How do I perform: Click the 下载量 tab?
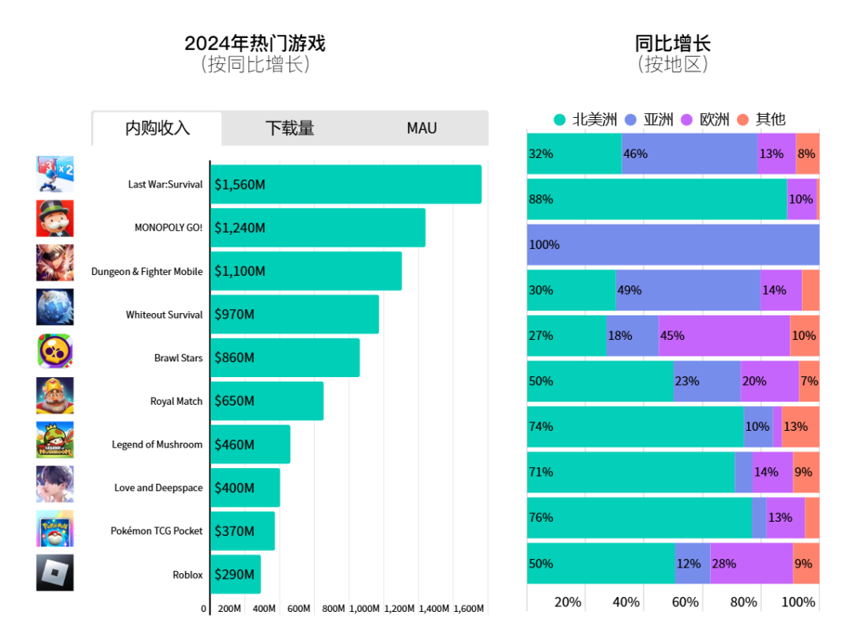(x=289, y=128)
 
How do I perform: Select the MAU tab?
(x=421, y=128)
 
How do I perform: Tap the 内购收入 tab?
(x=157, y=128)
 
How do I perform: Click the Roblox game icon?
(x=55, y=572)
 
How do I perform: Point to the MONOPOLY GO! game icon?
(x=55, y=218)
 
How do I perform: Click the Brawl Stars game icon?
(x=55, y=351)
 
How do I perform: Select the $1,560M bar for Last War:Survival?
(x=346, y=184)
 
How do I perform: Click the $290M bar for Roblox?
(x=236, y=574)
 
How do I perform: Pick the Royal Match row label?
(x=176, y=401)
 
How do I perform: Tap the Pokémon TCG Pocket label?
(x=157, y=530)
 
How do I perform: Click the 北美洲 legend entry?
(x=586, y=120)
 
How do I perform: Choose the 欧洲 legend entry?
(x=706, y=120)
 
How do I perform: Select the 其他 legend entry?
(x=761, y=120)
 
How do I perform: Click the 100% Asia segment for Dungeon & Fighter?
(x=673, y=244)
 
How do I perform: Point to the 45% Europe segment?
(x=724, y=335)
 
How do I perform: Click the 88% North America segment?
(x=656, y=199)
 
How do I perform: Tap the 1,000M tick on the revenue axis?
(x=365, y=609)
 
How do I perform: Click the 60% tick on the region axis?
(x=685, y=602)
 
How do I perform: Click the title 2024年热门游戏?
(x=255, y=43)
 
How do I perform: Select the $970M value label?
(x=234, y=315)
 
